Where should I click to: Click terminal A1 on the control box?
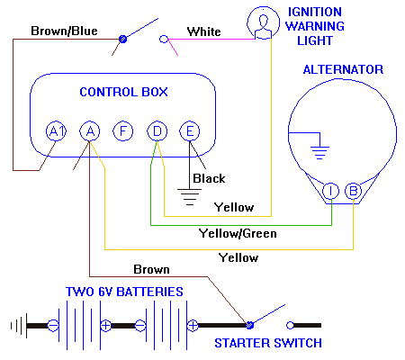[57, 131]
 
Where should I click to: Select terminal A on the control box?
[89, 131]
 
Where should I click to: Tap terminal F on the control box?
[122, 131]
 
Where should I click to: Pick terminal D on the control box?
[157, 131]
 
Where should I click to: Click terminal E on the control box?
[189, 131]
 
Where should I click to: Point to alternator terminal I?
[330, 190]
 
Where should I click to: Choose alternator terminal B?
[354, 190]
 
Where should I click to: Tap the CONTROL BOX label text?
[123, 92]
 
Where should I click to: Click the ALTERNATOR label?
[343, 69]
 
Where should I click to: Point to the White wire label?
[203, 31]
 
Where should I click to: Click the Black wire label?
[209, 178]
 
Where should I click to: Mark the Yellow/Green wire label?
[237, 233]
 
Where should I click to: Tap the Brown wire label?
[150, 269]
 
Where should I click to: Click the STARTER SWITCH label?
[267, 343]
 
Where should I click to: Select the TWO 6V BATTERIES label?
[125, 292]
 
